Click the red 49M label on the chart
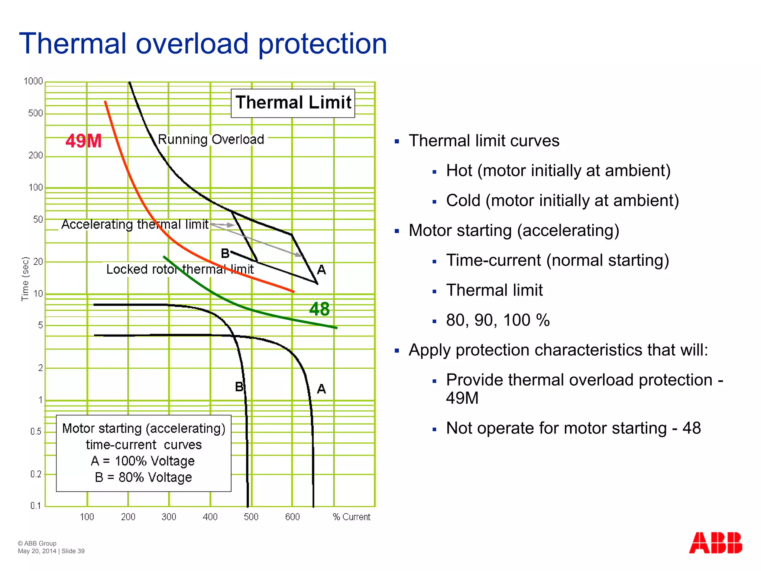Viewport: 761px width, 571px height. click(x=84, y=141)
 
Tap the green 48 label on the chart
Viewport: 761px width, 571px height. click(x=319, y=309)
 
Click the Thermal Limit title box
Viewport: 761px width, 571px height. click(x=293, y=103)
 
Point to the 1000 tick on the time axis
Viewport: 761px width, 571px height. click(x=33, y=81)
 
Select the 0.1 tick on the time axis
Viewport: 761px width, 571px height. click(x=36, y=506)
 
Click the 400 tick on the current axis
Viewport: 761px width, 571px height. click(x=210, y=517)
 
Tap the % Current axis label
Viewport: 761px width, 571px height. click(x=352, y=517)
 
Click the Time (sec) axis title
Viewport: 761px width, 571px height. click(x=25, y=278)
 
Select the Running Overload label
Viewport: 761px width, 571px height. click(x=211, y=139)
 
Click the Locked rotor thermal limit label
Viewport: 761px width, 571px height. click(x=180, y=269)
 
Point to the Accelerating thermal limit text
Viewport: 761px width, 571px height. click(x=135, y=224)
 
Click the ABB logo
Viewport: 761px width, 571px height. click(x=715, y=543)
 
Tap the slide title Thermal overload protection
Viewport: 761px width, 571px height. click(x=203, y=43)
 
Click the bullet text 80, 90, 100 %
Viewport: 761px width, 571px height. click(x=498, y=320)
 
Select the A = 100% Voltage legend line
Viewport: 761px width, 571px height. click(x=143, y=461)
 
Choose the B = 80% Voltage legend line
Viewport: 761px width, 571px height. click(x=143, y=477)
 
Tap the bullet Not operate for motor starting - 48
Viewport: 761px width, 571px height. click(x=573, y=428)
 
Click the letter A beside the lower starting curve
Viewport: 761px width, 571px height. click(x=321, y=389)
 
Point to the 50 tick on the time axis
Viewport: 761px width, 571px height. click(x=38, y=219)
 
